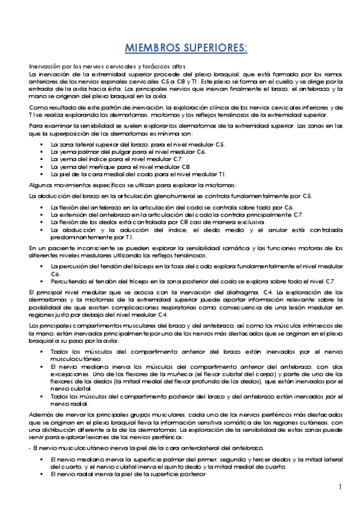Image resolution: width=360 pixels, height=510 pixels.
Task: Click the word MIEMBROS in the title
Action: point(151,48)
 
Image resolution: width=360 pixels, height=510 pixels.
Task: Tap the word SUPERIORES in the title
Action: point(213,48)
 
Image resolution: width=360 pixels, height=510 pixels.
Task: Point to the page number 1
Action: point(340,487)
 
